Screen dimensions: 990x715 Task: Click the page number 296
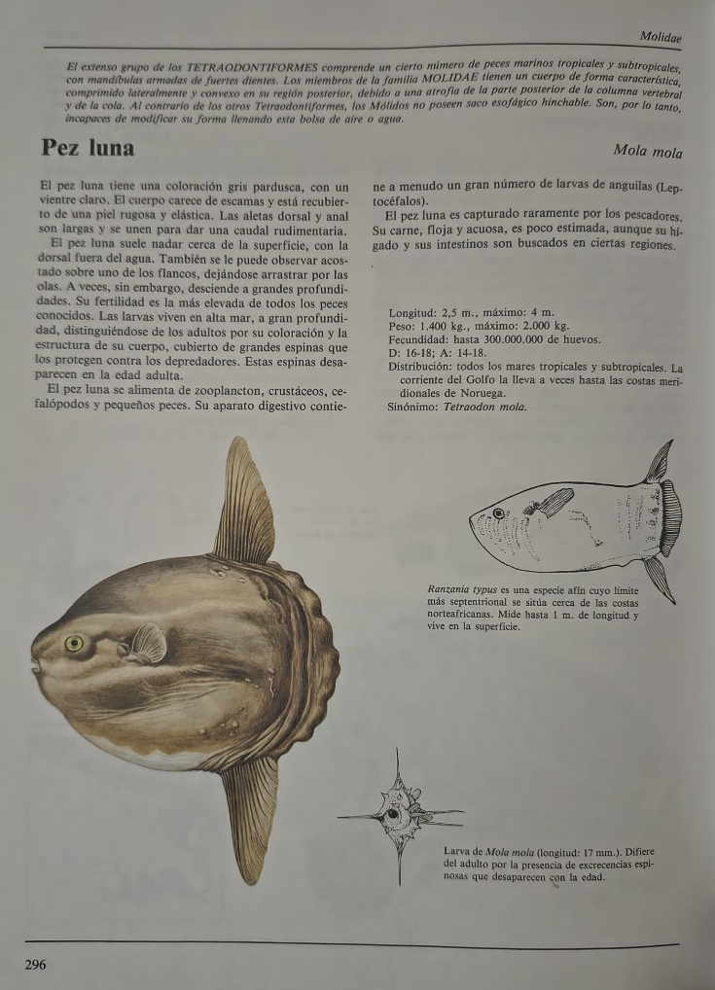point(34,964)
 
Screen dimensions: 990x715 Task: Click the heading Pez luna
point(88,149)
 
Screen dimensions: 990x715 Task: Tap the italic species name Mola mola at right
point(648,152)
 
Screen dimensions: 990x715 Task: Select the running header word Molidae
point(661,37)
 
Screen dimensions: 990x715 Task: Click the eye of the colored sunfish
point(74,643)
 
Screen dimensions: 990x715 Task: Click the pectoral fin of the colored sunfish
point(147,643)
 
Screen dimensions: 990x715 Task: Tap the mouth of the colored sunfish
point(35,665)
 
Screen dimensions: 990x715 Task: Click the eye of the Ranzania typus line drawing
point(498,513)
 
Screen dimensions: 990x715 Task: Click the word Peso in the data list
point(402,327)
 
